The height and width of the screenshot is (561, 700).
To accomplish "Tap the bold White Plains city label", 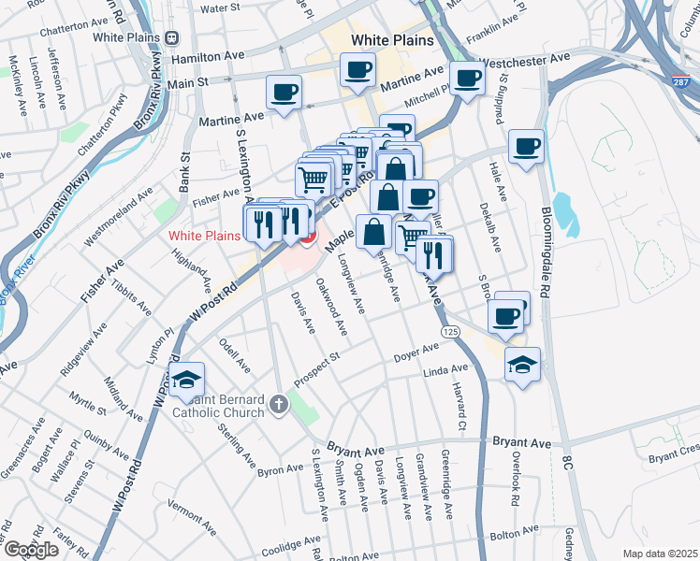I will [392, 40].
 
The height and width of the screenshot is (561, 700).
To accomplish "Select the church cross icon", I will [277, 405].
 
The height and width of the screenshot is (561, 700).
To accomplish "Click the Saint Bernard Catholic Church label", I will [219, 405].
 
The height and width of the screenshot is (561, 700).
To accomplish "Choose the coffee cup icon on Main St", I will [284, 93].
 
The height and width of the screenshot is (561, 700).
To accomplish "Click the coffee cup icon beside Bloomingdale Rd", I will [527, 146].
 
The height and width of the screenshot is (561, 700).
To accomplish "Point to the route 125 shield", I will [451, 332].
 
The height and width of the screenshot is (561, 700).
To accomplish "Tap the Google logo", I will [31, 550].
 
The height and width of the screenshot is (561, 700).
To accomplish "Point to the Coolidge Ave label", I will [293, 544].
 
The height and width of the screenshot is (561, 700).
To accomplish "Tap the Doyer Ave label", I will [416, 353].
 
